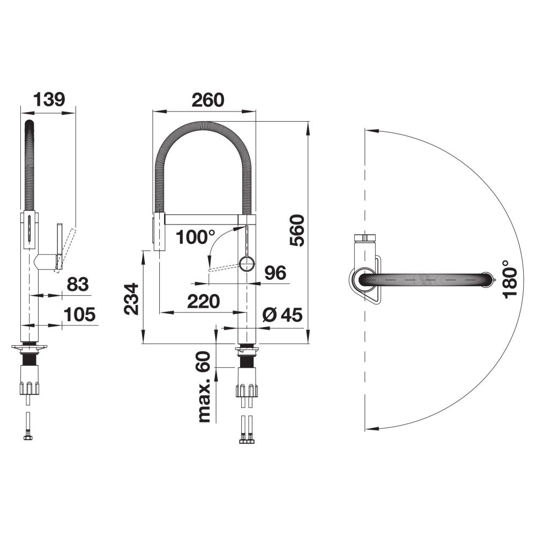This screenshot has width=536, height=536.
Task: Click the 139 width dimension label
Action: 49,100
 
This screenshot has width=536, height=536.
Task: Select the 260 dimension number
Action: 208,100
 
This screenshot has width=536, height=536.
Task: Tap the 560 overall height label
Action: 297,230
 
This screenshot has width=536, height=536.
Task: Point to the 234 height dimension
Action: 132,299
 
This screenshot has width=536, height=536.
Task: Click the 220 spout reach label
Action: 203,301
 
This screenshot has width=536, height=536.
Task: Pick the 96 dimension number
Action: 276,273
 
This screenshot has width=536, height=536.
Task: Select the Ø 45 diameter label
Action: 282,315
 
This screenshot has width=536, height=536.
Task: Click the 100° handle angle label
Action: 196,237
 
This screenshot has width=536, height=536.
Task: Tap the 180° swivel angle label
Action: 510,279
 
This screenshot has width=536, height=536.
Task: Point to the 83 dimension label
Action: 78,285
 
